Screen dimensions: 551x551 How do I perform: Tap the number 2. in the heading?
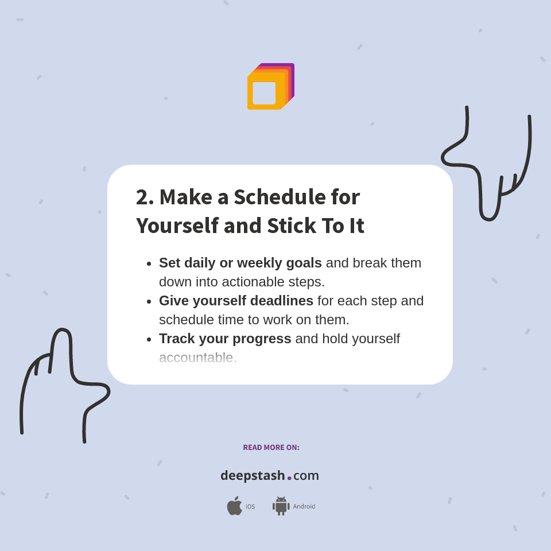(145, 197)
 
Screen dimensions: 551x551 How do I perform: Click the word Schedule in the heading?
(280, 197)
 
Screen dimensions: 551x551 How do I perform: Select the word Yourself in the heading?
(177, 226)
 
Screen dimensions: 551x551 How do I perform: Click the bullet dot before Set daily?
(149, 263)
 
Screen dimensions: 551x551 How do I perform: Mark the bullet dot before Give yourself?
(149, 301)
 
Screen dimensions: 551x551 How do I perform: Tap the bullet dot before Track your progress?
(149, 339)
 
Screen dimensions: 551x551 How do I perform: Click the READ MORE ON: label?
(271, 448)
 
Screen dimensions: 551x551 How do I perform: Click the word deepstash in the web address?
(253, 476)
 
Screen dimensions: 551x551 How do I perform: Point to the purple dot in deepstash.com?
(289, 478)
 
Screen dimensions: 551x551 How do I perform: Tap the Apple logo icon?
(234, 506)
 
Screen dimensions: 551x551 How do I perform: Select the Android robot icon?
(281, 506)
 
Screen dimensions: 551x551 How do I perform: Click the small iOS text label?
(250, 507)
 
